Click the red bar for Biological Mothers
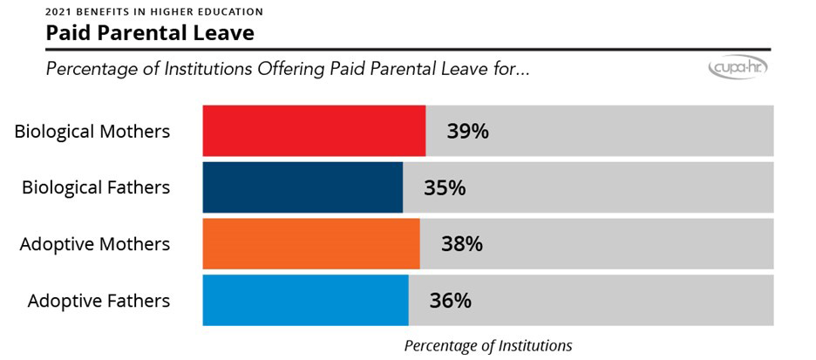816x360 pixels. click(314, 131)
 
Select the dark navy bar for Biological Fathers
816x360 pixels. click(303, 187)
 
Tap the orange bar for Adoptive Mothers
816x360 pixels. click(311, 243)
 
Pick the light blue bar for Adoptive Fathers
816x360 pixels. click(305, 300)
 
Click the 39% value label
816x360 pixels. click(467, 132)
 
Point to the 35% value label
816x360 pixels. click(445, 187)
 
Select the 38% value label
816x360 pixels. click(462, 244)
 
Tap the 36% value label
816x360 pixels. click(450, 301)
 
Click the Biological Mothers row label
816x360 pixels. click(92, 132)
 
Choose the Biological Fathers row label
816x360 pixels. click(96, 187)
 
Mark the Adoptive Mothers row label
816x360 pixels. click(95, 244)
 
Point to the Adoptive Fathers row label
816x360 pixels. click(99, 301)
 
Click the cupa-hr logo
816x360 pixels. click(738, 68)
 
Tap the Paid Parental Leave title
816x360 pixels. click(150, 34)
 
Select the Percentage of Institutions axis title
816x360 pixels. click(487, 345)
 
